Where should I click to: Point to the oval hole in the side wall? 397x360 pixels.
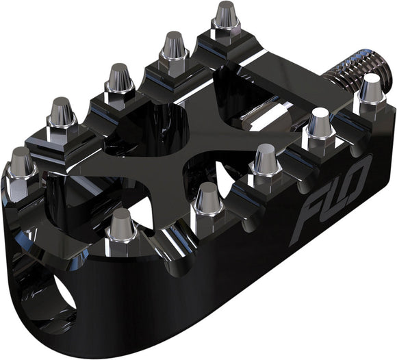pos(64,295)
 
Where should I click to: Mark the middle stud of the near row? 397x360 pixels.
pos(266,161)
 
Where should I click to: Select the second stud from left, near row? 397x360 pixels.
pos(206,198)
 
